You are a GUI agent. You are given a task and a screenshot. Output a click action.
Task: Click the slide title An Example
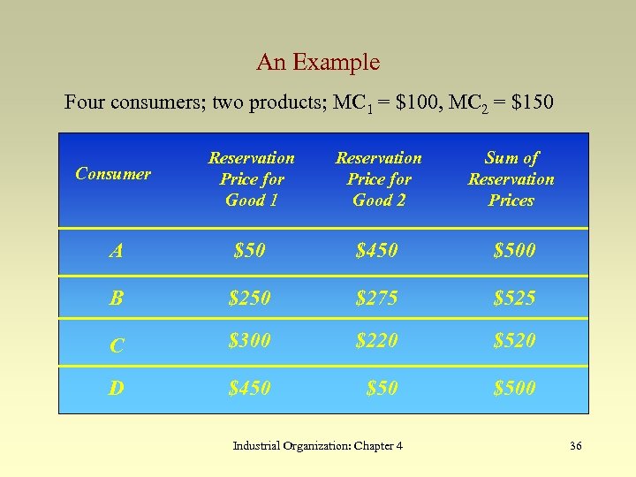tap(318, 63)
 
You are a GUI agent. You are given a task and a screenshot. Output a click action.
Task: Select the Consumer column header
tap(113, 174)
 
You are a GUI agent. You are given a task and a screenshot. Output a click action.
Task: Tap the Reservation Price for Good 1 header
tap(252, 178)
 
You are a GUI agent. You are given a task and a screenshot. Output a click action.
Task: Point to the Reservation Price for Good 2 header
tap(379, 178)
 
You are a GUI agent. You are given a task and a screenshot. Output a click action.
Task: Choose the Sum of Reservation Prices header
tap(511, 178)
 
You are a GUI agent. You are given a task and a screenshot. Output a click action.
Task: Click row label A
tap(117, 251)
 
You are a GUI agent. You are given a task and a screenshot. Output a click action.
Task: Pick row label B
tap(117, 298)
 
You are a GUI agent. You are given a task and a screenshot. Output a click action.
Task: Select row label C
tap(117, 344)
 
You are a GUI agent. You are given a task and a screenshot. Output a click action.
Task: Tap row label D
tap(117, 388)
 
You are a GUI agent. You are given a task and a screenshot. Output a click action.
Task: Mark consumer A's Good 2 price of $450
tap(376, 251)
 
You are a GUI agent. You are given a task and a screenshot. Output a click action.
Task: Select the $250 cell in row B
tap(249, 298)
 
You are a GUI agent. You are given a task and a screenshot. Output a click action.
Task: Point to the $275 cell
tap(376, 298)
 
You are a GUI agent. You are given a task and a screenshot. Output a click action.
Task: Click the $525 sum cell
tap(514, 298)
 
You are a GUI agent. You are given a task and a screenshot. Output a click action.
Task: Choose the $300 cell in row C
tap(249, 340)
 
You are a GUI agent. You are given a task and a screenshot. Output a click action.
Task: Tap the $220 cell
tap(376, 340)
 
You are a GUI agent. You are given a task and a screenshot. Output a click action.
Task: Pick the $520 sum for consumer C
tap(514, 340)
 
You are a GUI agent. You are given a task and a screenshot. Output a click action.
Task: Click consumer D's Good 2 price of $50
tap(382, 388)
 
